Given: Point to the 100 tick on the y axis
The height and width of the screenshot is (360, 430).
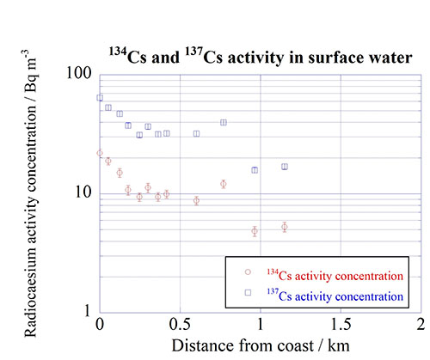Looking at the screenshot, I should tap(80, 75).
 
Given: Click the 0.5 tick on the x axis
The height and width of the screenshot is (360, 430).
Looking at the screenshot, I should tap(180, 326).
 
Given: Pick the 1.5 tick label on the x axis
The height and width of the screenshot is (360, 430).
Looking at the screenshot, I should tap(341, 326).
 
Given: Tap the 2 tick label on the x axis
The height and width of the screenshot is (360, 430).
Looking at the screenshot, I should tap(421, 326).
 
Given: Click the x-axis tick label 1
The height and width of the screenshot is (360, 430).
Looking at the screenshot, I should tap(261, 326).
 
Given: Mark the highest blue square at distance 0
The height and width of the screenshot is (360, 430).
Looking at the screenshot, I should tap(100, 98).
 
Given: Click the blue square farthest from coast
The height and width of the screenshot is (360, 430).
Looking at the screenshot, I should tap(285, 167).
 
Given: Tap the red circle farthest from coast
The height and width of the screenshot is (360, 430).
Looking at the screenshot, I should tap(285, 227).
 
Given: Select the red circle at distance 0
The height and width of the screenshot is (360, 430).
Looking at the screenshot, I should tap(100, 153).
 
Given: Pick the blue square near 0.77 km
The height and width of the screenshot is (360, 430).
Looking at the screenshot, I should tap(224, 123).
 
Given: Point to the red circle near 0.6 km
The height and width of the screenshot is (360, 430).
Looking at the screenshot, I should tap(196, 200).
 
